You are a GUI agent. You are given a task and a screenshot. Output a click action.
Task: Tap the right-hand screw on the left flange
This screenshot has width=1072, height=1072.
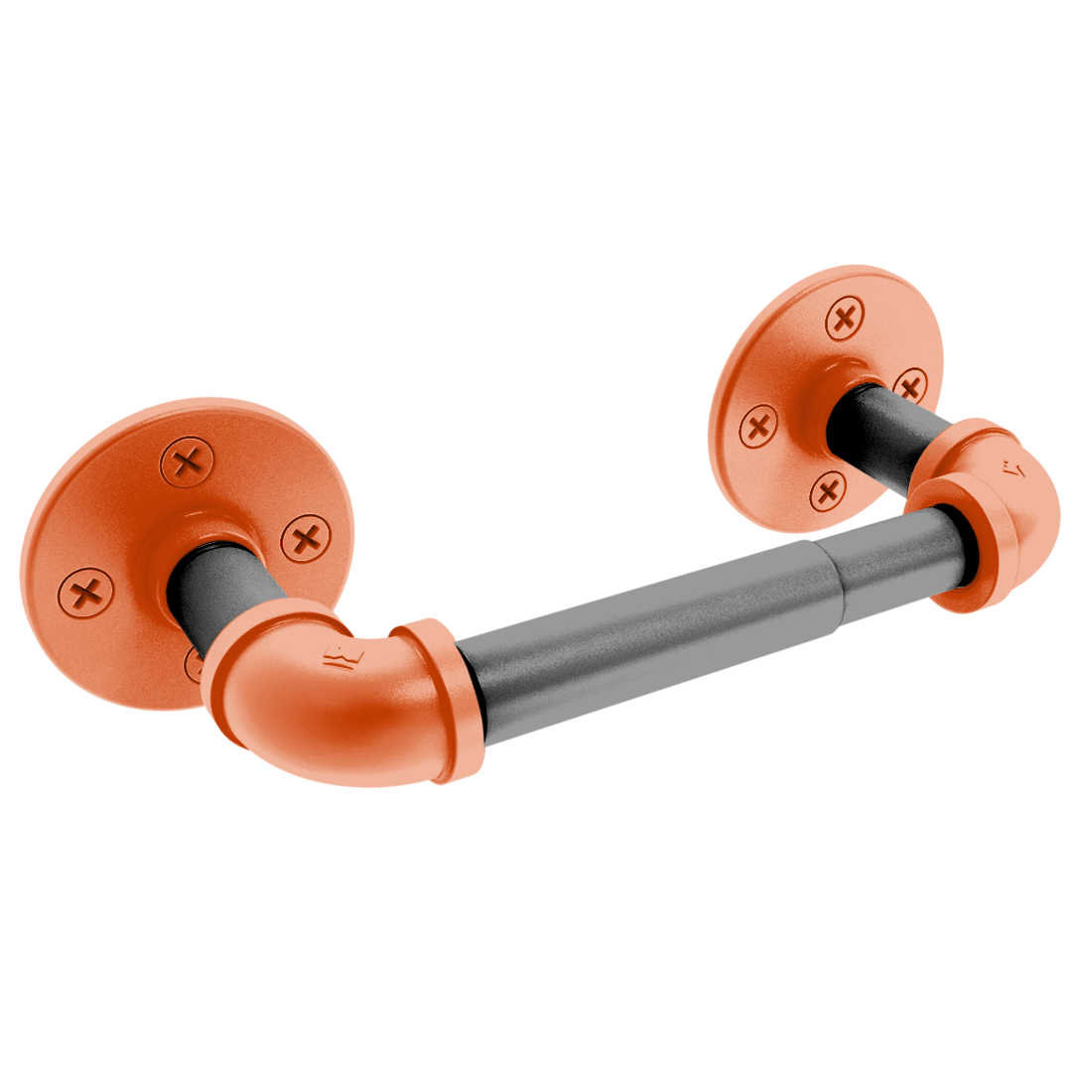pyautogui.click(x=306, y=540)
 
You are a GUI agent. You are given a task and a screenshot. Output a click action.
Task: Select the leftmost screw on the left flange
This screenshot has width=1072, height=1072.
pyautogui.click(x=85, y=594)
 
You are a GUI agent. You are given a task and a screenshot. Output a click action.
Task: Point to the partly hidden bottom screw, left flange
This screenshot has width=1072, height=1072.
pyautogui.click(x=194, y=663)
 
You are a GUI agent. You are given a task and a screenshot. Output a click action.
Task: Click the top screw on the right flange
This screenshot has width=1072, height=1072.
pyautogui.click(x=845, y=320)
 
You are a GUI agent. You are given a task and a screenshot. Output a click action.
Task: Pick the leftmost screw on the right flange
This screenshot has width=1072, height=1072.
pyautogui.click(x=758, y=428)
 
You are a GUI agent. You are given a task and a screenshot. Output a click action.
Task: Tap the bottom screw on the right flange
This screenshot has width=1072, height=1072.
pyautogui.click(x=827, y=489)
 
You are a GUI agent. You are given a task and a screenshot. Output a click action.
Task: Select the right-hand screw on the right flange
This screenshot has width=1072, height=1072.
pyautogui.click(x=910, y=384)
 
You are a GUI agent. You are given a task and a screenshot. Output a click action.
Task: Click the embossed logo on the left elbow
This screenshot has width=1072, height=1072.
pyautogui.click(x=338, y=657)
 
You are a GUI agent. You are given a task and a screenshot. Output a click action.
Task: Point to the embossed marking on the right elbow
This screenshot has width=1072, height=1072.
pyautogui.click(x=1013, y=467)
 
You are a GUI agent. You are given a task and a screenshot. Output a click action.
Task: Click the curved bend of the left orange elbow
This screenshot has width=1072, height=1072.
pyautogui.click(x=288, y=695)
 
